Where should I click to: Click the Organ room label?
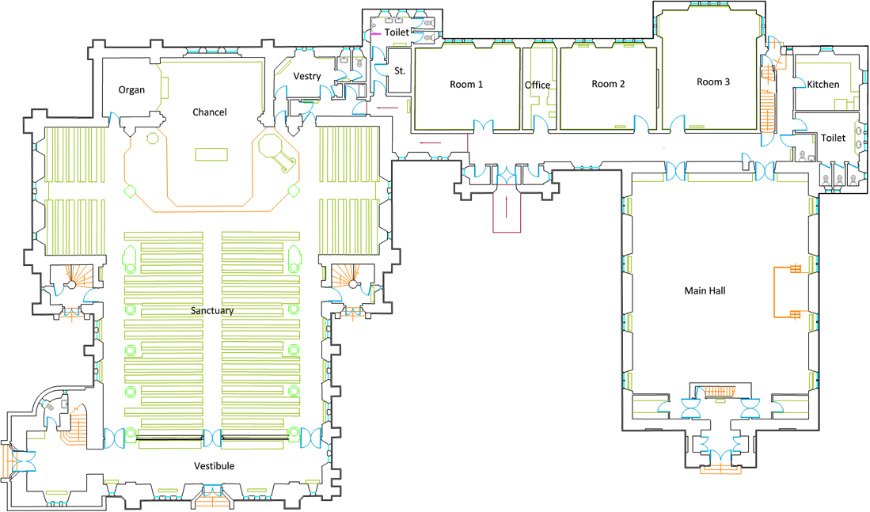(x=131, y=89)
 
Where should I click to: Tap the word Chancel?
(x=209, y=112)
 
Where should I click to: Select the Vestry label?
(x=306, y=76)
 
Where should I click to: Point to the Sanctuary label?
(x=212, y=311)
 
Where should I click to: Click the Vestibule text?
(x=214, y=465)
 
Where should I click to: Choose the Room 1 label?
(x=466, y=85)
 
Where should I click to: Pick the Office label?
(x=538, y=85)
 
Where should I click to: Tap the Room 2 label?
(x=609, y=84)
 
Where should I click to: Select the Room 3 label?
(x=713, y=82)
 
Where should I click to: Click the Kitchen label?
(x=823, y=85)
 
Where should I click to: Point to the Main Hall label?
(x=705, y=290)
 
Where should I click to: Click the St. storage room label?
(x=400, y=71)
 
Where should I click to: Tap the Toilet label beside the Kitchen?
(x=833, y=138)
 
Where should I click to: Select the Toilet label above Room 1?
(x=397, y=32)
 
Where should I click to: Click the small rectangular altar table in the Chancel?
(x=211, y=154)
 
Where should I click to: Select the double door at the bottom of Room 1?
(x=483, y=127)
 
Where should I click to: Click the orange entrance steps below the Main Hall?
(x=720, y=469)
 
